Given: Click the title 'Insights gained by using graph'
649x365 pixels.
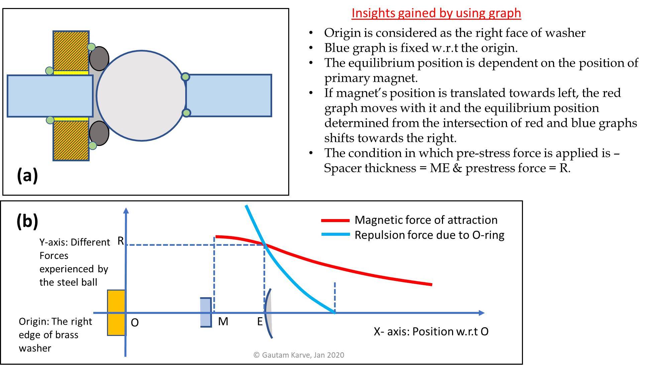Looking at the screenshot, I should point(436,13).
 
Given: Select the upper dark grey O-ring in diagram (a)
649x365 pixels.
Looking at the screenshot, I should point(99,58).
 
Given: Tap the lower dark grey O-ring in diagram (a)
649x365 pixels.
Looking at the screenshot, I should point(99,133).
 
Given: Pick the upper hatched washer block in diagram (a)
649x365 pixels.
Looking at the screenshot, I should point(71,50).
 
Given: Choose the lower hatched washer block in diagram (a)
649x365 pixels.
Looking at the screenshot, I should point(71,141).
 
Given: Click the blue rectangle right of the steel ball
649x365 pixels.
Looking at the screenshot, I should point(229,96).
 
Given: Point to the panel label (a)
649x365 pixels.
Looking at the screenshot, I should point(27,175).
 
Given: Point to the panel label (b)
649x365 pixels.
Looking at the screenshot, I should point(27,221).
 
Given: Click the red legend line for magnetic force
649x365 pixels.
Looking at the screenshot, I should point(335,220).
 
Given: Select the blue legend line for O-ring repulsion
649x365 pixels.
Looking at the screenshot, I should point(335,235).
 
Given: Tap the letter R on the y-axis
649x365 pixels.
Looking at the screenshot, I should point(120,241).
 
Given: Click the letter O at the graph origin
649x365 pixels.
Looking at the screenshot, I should point(134,323).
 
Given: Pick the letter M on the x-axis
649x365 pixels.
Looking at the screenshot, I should point(223,322).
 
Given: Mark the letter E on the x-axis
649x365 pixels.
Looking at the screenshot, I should point(260,322).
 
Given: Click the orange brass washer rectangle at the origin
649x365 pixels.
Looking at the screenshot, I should point(116,313).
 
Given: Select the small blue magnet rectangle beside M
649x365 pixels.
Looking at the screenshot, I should point(206,313).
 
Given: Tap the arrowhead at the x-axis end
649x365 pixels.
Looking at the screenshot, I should point(481,313).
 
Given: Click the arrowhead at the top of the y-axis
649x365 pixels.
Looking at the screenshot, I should point(126,210).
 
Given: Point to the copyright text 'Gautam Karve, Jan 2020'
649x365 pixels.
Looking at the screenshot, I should point(299,355).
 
